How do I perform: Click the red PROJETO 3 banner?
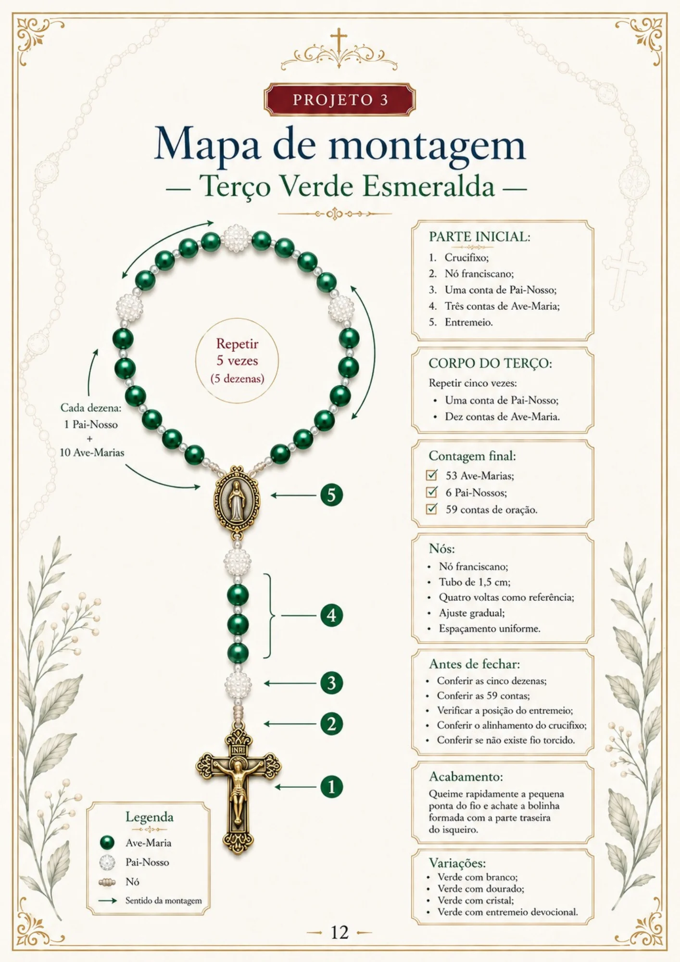339,100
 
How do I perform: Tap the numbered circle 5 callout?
331,495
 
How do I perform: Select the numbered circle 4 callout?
331,615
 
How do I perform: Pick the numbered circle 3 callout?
331,683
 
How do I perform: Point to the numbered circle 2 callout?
331,724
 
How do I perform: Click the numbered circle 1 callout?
331,787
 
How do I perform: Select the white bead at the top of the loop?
236,238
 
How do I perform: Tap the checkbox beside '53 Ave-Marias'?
432,475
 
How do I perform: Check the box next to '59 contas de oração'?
432,509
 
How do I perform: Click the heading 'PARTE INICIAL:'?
479,237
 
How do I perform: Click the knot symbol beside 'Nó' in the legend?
107,882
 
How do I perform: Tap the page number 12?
340,932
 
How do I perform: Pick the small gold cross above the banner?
339,39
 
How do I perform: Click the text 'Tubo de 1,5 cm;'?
475,582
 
